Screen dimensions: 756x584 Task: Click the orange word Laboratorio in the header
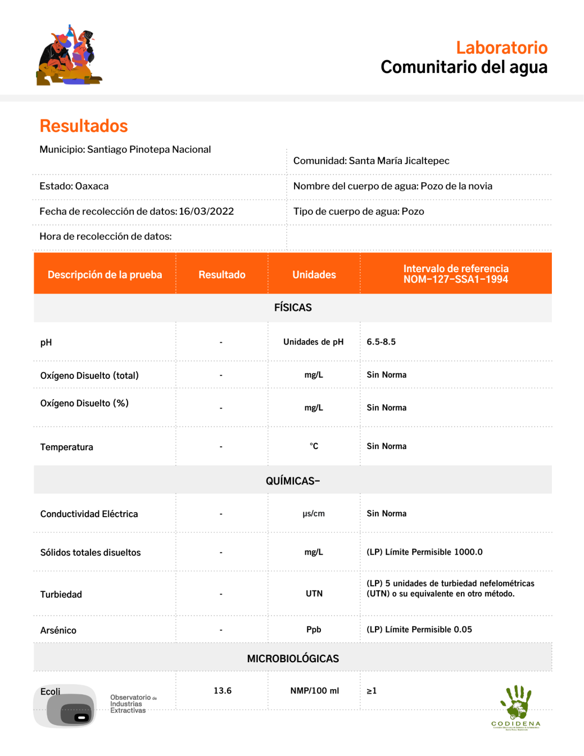pos(501,48)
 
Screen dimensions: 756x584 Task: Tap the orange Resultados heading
pos(84,126)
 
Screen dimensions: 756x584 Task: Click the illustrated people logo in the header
pos(69,55)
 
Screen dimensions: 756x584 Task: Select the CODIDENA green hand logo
pos(516,706)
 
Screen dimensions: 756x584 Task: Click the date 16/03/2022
pos(206,212)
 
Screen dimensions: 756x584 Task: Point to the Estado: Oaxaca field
pos(74,186)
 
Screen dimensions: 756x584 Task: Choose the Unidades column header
pos(314,275)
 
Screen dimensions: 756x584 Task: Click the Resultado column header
pos(222,275)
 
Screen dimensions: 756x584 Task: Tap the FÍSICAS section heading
pos(293,308)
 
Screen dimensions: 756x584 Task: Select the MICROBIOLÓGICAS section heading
pos(293,658)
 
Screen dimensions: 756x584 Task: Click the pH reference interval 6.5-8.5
pos(381,342)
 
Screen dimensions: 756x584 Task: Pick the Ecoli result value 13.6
pos(222,691)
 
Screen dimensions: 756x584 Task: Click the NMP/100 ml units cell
pos(315,691)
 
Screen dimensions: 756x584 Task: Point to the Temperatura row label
pos(66,447)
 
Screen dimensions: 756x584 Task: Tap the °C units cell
pos(314,446)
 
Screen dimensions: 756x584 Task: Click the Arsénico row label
pos(58,631)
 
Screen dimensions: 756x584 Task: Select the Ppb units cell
pos(314,630)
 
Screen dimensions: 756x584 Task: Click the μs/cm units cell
pos(313,514)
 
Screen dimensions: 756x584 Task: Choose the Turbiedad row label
pos(61,594)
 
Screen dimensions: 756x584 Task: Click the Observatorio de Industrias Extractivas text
pos(130,704)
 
